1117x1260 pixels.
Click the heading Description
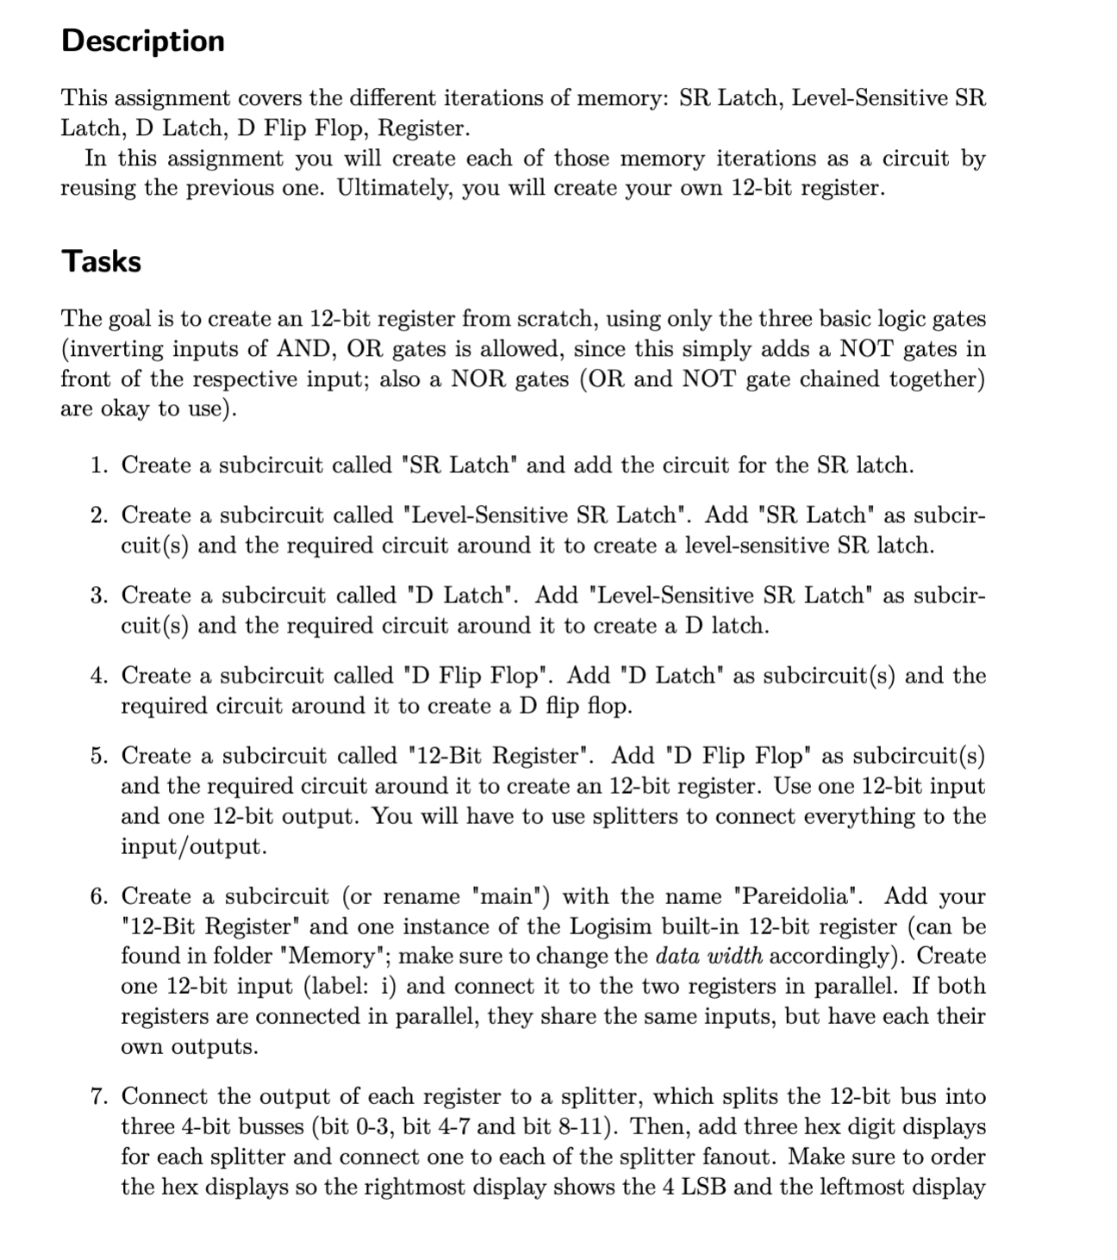click(x=143, y=41)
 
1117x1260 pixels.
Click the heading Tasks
click(x=101, y=260)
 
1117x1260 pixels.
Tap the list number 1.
click(x=99, y=465)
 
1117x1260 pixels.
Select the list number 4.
click(x=99, y=676)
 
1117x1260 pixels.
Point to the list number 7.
click(x=99, y=1096)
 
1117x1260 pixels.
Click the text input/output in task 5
click(x=193, y=846)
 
